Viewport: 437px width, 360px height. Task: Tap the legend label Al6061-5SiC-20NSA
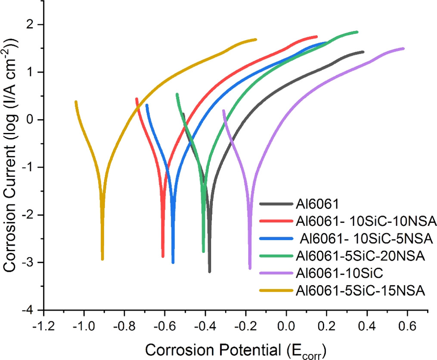pyautogui.click(x=360, y=255)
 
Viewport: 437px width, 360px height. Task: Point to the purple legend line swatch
pyautogui.click(x=276, y=274)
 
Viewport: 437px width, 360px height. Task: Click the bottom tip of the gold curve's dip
pyautogui.click(x=102, y=259)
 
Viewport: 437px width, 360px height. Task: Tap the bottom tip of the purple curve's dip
pyautogui.click(x=250, y=268)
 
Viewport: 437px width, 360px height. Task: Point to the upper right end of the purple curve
pyautogui.click(x=403, y=49)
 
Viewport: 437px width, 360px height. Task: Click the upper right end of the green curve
pyautogui.click(x=357, y=32)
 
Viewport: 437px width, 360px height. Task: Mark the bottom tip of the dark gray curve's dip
pyautogui.click(x=210, y=271)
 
